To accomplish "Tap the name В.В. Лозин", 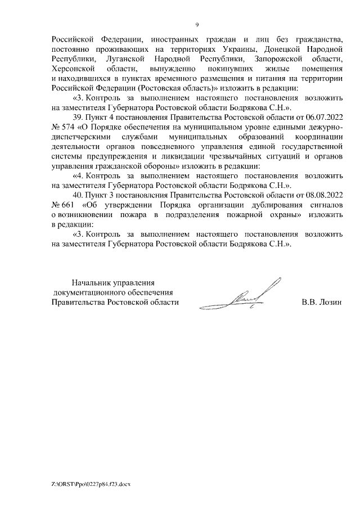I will tap(322, 302).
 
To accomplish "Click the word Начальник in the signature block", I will tap(89, 282).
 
